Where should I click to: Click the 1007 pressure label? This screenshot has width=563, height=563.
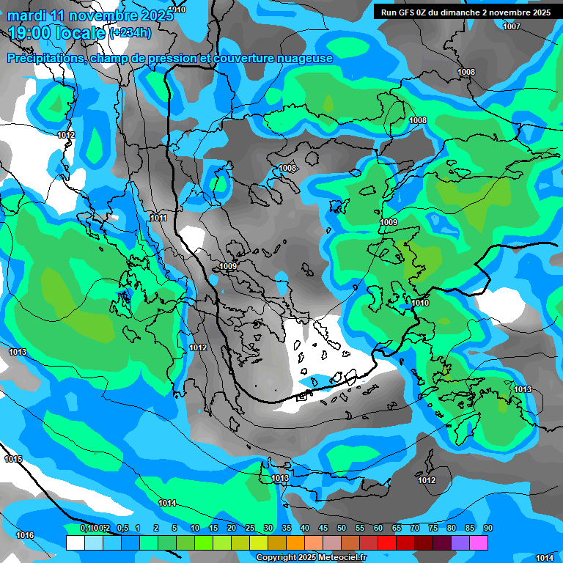click(512, 26)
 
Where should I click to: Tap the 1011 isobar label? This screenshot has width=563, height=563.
click(158, 218)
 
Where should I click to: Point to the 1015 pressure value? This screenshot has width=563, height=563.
click(13, 459)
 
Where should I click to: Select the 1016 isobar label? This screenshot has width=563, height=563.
click(25, 535)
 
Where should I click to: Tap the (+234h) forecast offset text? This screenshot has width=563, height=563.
click(130, 32)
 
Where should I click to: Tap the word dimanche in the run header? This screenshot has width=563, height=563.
click(463, 12)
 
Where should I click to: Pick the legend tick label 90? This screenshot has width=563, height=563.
click(487, 528)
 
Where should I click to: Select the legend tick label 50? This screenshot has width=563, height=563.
click(342, 528)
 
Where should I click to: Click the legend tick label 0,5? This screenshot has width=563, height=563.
click(122, 528)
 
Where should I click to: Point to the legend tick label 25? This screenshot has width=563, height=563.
click(250, 528)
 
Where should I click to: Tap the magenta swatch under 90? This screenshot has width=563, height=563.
click(479, 542)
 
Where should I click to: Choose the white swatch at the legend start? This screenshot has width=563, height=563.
click(75, 542)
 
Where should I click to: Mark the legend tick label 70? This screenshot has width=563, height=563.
click(415, 528)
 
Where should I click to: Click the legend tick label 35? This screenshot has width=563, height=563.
click(287, 528)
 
